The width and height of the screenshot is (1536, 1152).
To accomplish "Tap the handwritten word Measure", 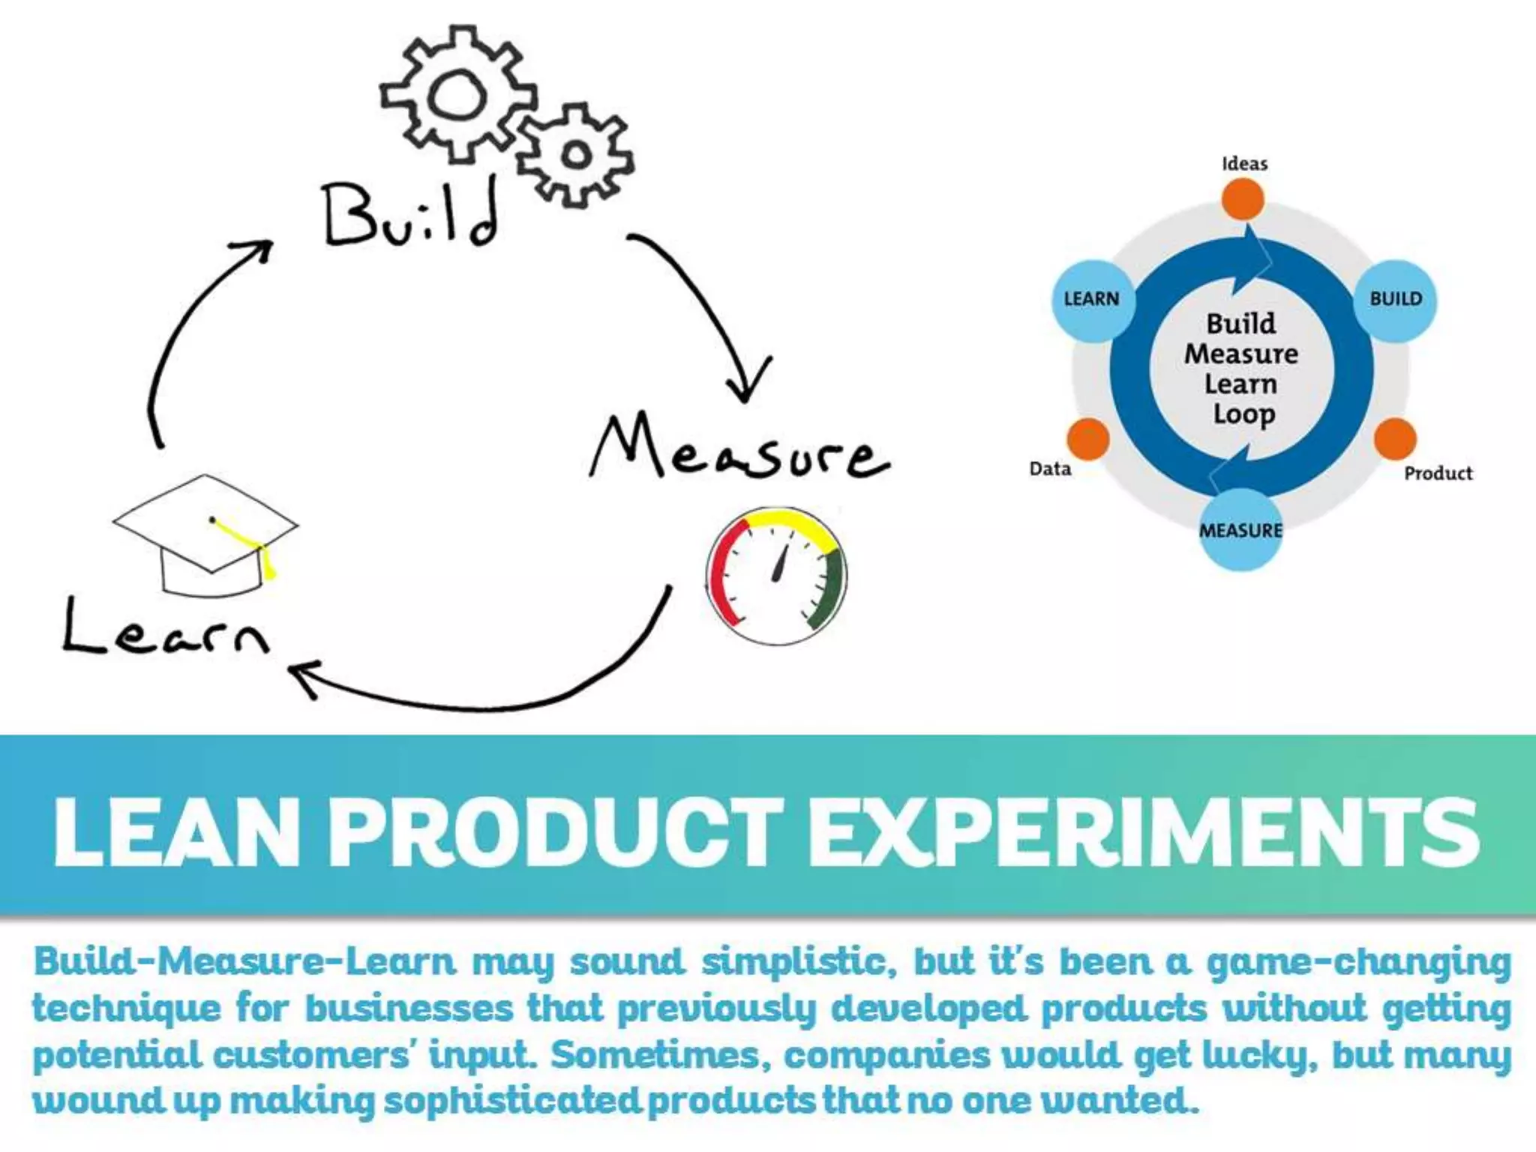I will click(x=739, y=448).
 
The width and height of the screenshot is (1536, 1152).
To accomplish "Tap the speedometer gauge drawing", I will click(x=777, y=576).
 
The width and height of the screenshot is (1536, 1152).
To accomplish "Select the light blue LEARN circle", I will click(x=1092, y=300).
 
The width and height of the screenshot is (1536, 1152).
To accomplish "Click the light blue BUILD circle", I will click(x=1396, y=300).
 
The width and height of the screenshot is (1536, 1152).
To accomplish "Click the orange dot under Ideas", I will click(x=1243, y=199).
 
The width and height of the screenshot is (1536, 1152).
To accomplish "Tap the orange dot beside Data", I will click(x=1087, y=439).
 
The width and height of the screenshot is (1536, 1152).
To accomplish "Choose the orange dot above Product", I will click(x=1395, y=439).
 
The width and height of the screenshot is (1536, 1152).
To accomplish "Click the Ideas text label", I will click(x=1244, y=163).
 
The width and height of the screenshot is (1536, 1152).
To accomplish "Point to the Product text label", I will click(x=1438, y=473).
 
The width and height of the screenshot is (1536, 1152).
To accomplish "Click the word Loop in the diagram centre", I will click(x=1243, y=414).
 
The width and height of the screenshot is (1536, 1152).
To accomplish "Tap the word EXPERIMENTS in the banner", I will click(x=1143, y=832).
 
